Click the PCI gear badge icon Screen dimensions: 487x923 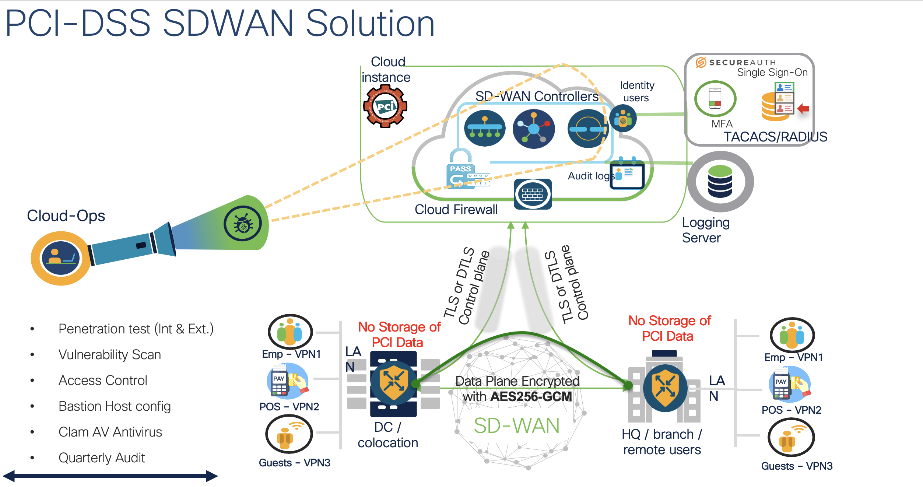point(385,106)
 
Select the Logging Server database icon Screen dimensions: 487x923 point(720,181)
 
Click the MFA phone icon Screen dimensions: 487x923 point(715,98)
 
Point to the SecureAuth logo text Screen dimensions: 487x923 point(742,63)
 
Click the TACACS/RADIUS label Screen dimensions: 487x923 point(775,137)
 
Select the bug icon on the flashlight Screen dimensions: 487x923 point(243,224)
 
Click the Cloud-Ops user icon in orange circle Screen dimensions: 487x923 point(60,258)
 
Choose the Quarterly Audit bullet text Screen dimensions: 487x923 point(102,458)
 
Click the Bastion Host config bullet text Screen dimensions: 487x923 point(115,406)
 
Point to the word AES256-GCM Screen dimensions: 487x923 point(531,397)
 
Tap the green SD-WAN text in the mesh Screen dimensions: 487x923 point(516,426)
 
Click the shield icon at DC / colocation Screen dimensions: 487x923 point(393,383)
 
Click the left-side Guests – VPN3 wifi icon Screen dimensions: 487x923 point(289,434)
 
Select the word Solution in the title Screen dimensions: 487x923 point(370,24)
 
